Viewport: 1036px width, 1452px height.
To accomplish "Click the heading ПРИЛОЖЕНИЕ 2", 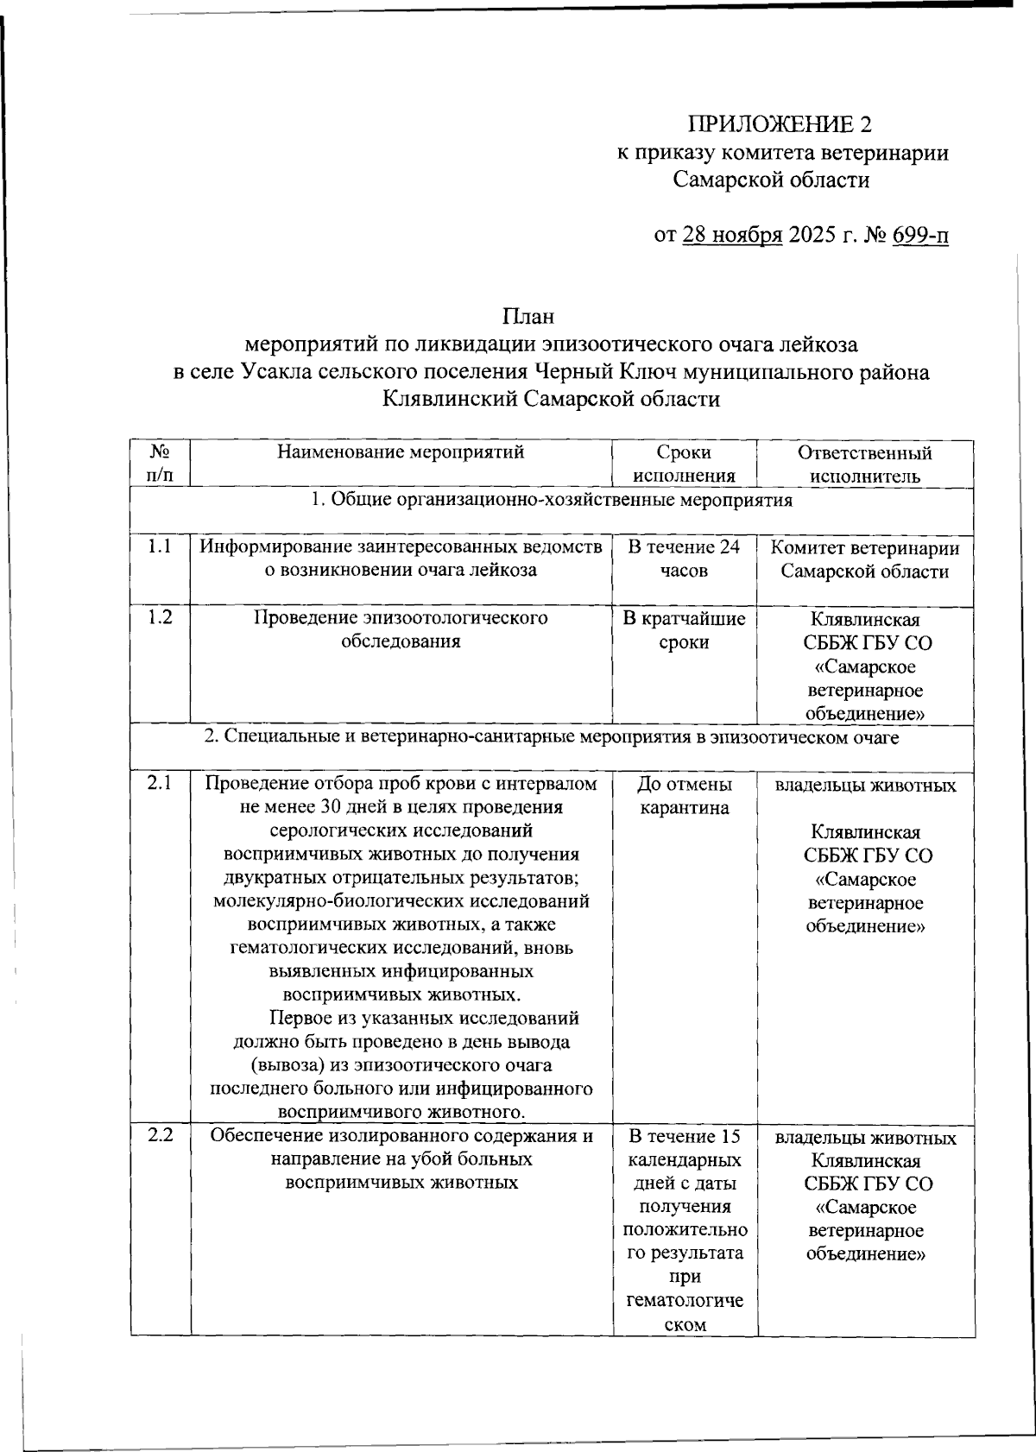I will [779, 124].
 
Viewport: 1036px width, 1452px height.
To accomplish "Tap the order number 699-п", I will [920, 235].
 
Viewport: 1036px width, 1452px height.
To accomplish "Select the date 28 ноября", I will [732, 235].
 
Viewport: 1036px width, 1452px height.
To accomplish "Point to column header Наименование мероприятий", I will [401, 452].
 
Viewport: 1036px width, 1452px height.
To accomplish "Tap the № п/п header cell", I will [160, 464].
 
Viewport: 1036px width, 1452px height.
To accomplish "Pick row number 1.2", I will [159, 618].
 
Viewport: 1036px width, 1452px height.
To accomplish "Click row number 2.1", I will [159, 784].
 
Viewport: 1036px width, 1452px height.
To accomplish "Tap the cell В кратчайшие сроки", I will [684, 630].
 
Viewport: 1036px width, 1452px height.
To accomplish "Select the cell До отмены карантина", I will [684, 796].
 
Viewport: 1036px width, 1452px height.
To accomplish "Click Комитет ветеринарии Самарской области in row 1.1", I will [864, 559].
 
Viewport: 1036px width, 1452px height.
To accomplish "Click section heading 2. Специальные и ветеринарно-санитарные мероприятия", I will [552, 738].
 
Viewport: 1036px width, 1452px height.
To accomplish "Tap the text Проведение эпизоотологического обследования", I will [401, 630].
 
